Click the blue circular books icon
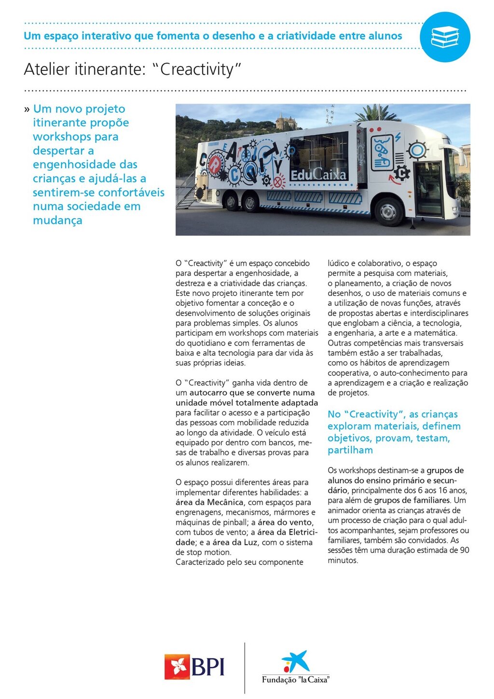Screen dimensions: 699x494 (445, 37)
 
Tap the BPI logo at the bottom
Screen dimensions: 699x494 (194, 667)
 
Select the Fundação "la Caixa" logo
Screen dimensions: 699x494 (295, 668)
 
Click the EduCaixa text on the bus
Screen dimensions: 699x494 (318, 175)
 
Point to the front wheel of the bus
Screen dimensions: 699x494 (388, 211)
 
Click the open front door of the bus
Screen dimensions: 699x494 (428, 188)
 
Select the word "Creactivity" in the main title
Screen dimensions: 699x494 (196, 69)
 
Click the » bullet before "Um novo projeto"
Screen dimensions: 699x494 (27, 110)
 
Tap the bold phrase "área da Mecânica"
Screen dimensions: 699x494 (209, 502)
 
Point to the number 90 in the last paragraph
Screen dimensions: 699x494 (464, 550)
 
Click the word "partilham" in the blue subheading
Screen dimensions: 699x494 (350, 450)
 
